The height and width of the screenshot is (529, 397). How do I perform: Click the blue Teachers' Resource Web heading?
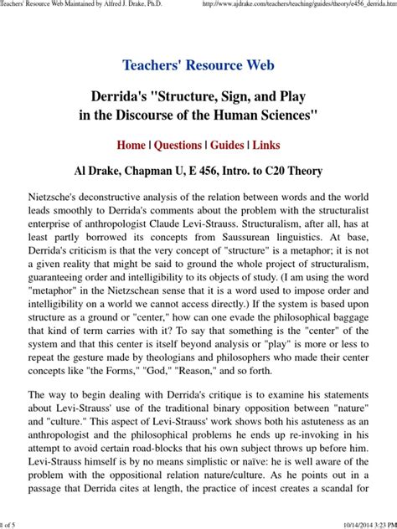pyautogui.click(x=198, y=64)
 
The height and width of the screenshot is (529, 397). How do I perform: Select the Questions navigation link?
pyautogui.click(x=178, y=144)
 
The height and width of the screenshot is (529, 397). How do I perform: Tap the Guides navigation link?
pyautogui.click(x=227, y=144)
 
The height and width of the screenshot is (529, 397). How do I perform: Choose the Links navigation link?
pyautogui.click(x=266, y=144)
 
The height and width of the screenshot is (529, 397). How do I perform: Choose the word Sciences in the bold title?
pyautogui.click(x=293, y=113)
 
